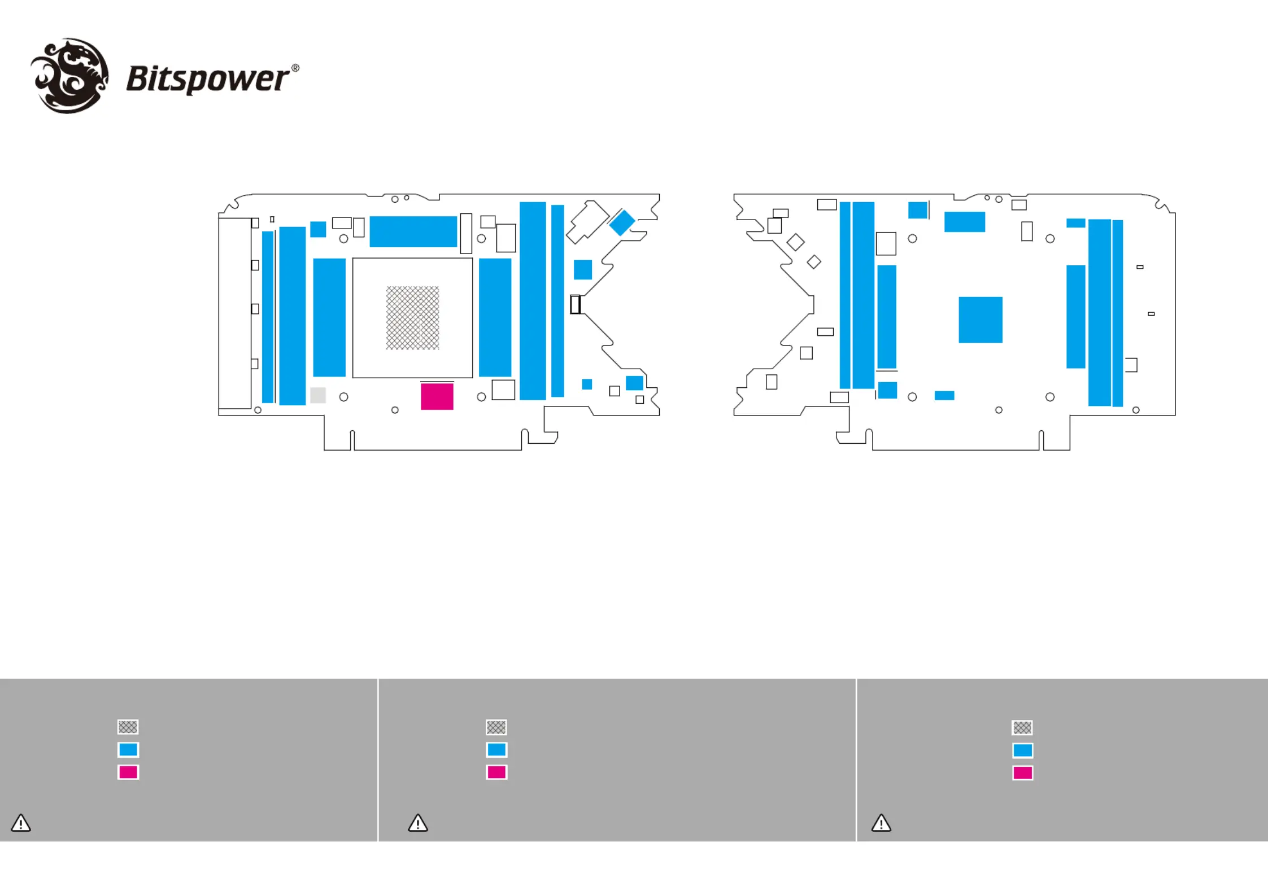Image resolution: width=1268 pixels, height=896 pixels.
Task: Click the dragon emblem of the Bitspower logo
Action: pyautogui.click(x=70, y=76)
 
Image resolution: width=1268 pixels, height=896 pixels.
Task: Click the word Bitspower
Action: pyautogui.click(x=207, y=78)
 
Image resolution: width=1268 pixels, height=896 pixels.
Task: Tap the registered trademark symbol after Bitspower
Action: pyautogui.click(x=295, y=68)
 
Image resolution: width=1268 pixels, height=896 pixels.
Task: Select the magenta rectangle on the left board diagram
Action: pyautogui.click(x=437, y=396)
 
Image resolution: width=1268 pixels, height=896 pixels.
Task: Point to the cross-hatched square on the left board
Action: pyautogui.click(x=412, y=318)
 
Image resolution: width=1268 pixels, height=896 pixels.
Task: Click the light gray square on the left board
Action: pyautogui.click(x=318, y=395)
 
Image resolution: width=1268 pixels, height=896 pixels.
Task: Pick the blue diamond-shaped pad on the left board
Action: pyautogui.click(x=622, y=222)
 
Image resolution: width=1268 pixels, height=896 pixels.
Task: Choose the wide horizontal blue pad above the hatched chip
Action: pyautogui.click(x=413, y=231)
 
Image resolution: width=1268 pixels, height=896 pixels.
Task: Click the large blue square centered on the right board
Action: pyautogui.click(x=980, y=320)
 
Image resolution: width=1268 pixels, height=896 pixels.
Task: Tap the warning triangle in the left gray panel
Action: pyautogui.click(x=21, y=823)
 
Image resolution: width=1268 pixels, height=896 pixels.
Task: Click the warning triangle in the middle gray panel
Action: pyautogui.click(x=418, y=823)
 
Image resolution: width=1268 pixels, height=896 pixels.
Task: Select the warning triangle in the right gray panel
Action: pyautogui.click(x=881, y=823)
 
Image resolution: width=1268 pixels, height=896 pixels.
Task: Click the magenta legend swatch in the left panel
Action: pyautogui.click(x=128, y=772)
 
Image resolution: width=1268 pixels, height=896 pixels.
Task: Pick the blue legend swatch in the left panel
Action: pyautogui.click(x=128, y=749)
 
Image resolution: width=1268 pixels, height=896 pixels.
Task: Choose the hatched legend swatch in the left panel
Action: pyautogui.click(x=128, y=727)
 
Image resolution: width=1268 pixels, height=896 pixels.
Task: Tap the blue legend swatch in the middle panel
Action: pyautogui.click(x=496, y=749)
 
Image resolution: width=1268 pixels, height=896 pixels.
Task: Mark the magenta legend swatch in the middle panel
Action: pyautogui.click(x=496, y=772)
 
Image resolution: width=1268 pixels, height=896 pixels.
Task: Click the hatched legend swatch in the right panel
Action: pyautogui.click(x=1022, y=727)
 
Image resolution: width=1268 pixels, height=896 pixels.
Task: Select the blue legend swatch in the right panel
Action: pyautogui.click(x=1022, y=750)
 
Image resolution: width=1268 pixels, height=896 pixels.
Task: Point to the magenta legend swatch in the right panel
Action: pyautogui.click(x=1022, y=772)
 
